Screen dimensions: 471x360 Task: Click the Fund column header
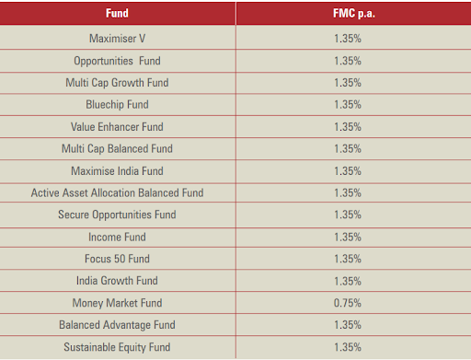(x=117, y=13)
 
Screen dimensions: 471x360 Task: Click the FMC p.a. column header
(x=354, y=14)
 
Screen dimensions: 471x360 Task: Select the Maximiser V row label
(x=117, y=39)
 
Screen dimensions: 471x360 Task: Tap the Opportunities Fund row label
(x=117, y=61)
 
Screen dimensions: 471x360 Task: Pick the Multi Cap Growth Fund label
(x=117, y=83)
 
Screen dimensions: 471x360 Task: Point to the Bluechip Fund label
(x=117, y=105)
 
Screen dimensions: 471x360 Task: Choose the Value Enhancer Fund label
(x=117, y=127)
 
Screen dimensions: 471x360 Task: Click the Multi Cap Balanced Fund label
(x=117, y=149)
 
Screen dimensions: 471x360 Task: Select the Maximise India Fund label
(x=117, y=171)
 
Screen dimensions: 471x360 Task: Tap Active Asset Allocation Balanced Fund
(x=117, y=192)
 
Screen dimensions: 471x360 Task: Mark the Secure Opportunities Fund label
(x=117, y=215)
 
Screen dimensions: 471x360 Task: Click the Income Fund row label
(x=117, y=237)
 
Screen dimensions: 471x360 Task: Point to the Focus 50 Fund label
(x=117, y=259)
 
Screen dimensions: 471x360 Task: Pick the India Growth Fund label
(x=117, y=281)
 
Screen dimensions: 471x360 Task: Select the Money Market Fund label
(x=117, y=303)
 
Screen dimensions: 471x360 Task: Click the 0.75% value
(x=348, y=303)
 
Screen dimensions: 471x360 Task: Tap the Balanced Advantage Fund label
(x=117, y=325)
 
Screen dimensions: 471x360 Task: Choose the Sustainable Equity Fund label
(x=117, y=347)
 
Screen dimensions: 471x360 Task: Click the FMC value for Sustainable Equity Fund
(x=348, y=347)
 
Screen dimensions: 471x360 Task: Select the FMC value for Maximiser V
(x=348, y=39)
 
